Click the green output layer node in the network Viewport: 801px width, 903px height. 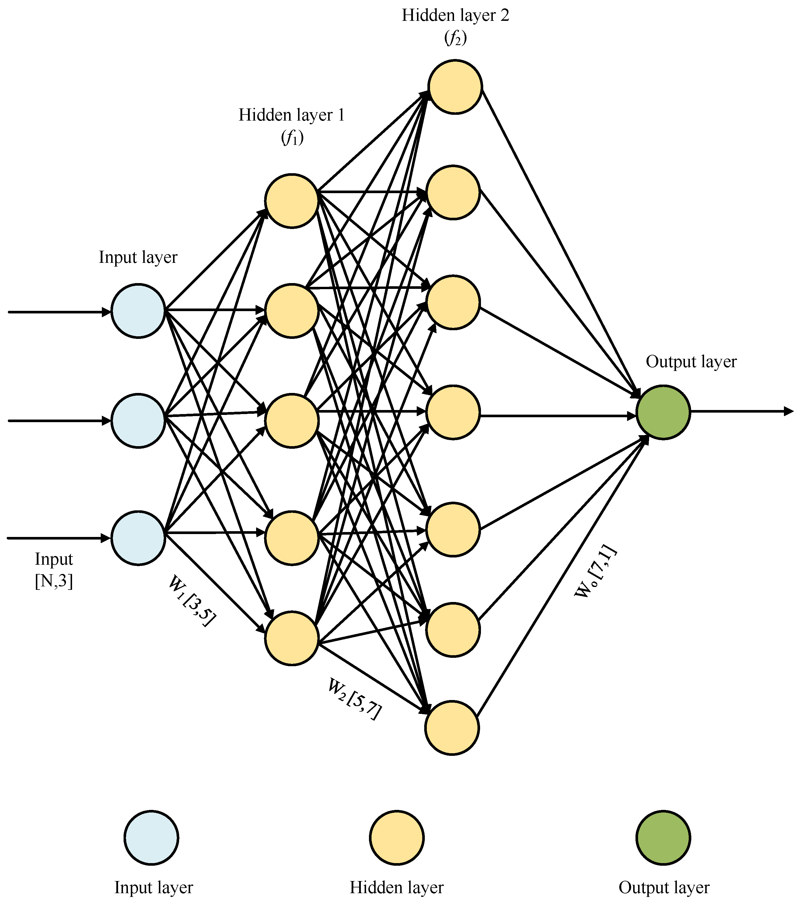[663, 412]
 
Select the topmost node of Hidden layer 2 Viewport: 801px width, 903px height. [455, 87]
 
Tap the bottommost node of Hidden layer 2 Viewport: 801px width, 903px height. [452, 727]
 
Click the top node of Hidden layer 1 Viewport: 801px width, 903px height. [292, 201]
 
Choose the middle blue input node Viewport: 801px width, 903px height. [138, 421]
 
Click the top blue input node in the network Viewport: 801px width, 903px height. [138, 311]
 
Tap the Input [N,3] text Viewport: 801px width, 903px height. [54, 570]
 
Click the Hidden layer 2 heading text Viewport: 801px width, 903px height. [455, 15]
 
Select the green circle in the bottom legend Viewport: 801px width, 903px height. [663, 837]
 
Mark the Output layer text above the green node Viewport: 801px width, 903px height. [691, 362]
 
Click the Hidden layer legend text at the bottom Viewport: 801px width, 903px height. [396, 887]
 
